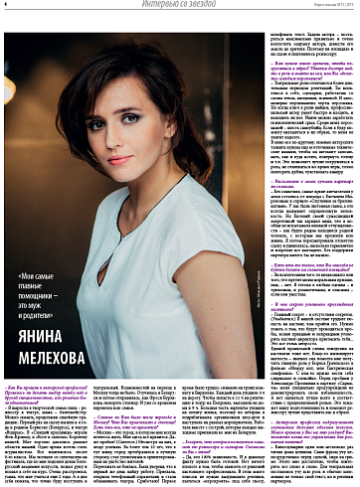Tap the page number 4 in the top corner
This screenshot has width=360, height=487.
[5, 5]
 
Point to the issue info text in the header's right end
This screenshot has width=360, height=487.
[329, 6]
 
